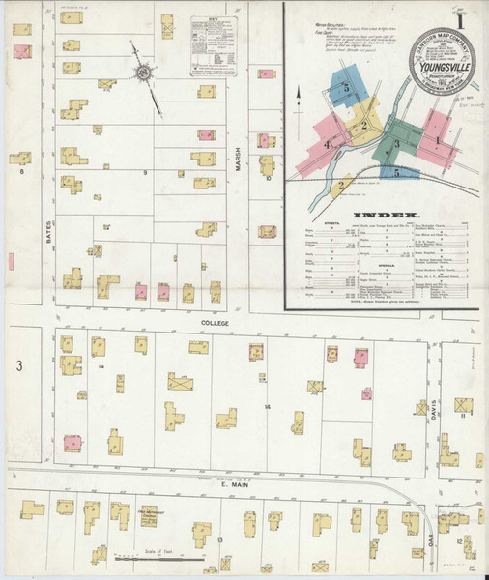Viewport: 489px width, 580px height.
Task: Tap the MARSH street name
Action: click(x=238, y=173)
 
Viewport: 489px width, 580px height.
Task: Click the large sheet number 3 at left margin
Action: click(x=17, y=365)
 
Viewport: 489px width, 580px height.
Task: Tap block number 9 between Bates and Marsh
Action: click(x=146, y=172)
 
